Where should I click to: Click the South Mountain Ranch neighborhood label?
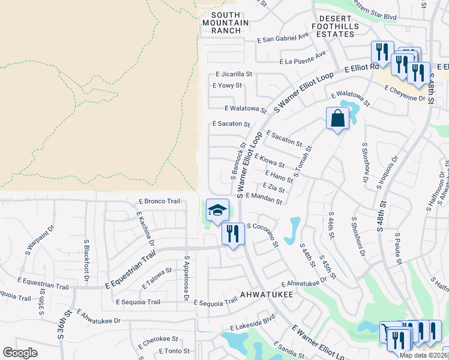pos(225,23)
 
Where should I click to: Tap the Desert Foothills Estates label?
pos(334,26)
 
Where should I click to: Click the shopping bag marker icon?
pos(337,119)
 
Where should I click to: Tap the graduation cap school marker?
pos(217,210)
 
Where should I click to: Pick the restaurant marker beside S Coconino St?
pos(233,233)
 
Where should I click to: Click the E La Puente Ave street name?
pos(303,59)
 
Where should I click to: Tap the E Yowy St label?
pos(227,86)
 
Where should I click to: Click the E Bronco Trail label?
pos(159,201)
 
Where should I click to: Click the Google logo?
pos(20,353)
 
